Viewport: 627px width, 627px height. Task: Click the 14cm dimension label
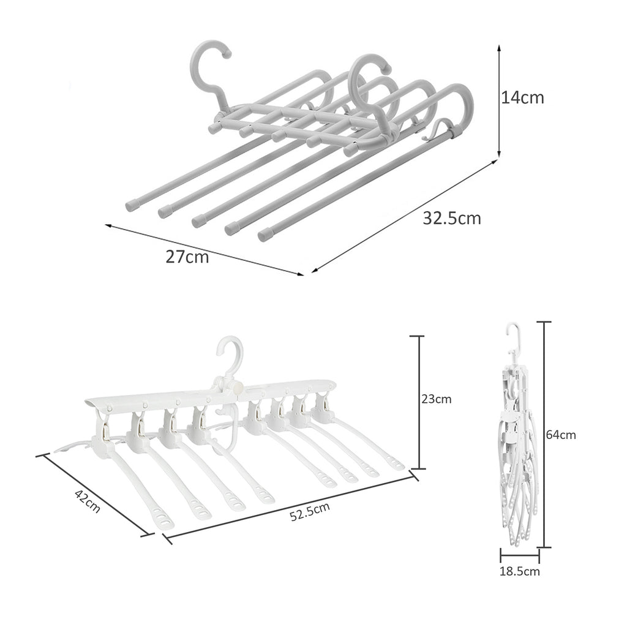click(x=522, y=97)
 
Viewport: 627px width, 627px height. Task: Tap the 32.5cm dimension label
click(x=452, y=218)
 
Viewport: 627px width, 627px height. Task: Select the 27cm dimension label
click(x=187, y=257)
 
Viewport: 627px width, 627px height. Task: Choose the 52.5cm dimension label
click(x=310, y=511)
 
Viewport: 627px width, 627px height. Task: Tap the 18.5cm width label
click(x=520, y=571)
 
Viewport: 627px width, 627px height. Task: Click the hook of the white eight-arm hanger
click(x=231, y=354)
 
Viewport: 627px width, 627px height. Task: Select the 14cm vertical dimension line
click(x=500, y=101)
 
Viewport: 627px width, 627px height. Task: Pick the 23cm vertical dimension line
click(x=419, y=402)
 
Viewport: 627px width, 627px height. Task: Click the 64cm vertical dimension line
click(x=544, y=434)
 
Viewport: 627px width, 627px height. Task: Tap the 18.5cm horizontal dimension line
click(x=520, y=557)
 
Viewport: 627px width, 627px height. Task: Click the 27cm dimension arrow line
click(x=205, y=249)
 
